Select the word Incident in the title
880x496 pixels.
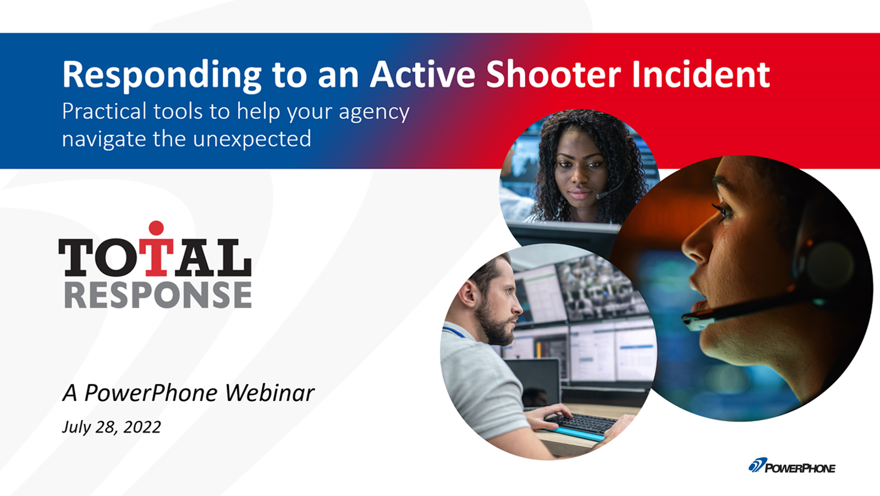pos(701,74)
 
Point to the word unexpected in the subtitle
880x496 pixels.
pos(252,140)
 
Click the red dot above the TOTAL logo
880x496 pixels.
pos(156,228)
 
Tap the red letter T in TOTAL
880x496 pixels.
pos(156,257)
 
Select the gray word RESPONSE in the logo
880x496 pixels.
pos(158,295)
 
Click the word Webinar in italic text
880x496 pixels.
pos(269,392)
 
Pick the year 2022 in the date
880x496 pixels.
pos(142,427)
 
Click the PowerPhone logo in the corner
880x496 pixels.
pos(791,466)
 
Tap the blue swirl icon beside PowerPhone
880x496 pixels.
pos(757,465)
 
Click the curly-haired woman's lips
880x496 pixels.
pos(580,194)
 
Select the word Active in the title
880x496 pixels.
pos(423,74)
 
